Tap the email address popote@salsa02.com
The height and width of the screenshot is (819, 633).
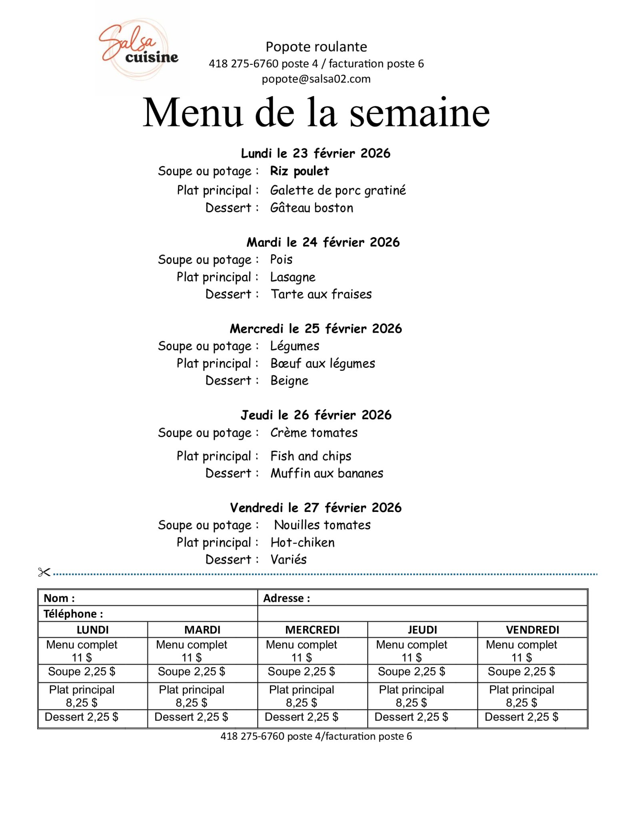[316, 79]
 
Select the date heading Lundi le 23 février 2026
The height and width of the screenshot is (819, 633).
[316, 153]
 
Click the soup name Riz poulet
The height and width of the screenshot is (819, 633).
[299, 171]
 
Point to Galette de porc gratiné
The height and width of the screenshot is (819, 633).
[338, 190]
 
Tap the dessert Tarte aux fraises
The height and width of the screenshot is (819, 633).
[321, 294]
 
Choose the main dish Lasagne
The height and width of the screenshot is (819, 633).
[293, 277]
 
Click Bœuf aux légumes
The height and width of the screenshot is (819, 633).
[323, 364]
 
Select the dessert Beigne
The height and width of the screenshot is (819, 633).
[290, 381]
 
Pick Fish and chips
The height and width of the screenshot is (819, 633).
[311, 456]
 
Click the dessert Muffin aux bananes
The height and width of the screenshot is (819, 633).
[327, 473]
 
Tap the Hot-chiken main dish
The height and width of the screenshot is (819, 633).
[302, 543]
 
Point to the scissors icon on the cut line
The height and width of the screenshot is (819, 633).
[44, 572]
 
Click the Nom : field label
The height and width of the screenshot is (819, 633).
[59, 598]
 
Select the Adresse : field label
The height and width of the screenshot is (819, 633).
[286, 598]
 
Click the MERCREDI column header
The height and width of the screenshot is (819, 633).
[312, 630]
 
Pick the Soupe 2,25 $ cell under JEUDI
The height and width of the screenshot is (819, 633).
[411, 672]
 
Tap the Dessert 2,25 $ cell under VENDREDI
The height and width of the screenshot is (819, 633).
[521, 717]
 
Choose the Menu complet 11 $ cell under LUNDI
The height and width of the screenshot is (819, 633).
[82, 651]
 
